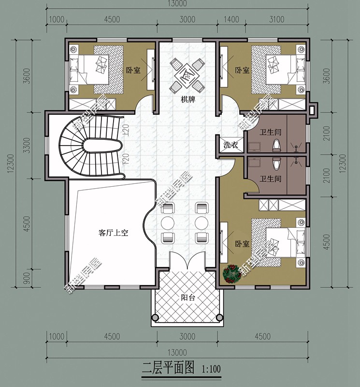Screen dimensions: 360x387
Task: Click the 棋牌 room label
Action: pyautogui.click(x=188, y=100)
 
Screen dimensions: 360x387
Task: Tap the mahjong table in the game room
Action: pyautogui.click(x=187, y=75)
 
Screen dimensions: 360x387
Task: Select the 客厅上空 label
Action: pyautogui.click(x=113, y=233)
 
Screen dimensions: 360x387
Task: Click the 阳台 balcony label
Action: pyautogui.click(x=188, y=298)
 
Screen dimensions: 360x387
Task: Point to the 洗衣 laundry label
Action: pyautogui.click(x=230, y=144)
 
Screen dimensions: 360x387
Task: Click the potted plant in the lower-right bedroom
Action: pyautogui.click(x=232, y=273)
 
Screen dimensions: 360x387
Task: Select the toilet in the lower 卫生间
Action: pyautogui.click(x=277, y=163)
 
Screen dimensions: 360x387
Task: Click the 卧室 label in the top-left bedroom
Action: pyautogui.click(x=133, y=70)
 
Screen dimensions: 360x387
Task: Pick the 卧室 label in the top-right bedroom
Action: pyautogui.click(x=242, y=70)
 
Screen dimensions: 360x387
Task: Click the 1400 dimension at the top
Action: pyautogui.click(x=231, y=19)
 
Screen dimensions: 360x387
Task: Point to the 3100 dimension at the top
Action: pyautogui.click(x=277, y=19)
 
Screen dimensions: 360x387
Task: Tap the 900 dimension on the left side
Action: pyautogui.click(x=27, y=278)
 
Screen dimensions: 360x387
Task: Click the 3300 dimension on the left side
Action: pyautogui.click(x=27, y=145)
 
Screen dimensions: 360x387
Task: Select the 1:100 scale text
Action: pyautogui.click(x=211, y=370)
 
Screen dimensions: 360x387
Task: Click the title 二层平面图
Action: pyautogui.click(x=168, y=368)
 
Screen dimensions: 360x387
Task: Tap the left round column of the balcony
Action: pyautogui.click(x=155, y=317)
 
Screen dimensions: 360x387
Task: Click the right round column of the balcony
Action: pyautogui.click(x=219, y=317)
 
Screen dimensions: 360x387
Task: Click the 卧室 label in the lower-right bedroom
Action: pyautogui.click(x=242, y=244)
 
